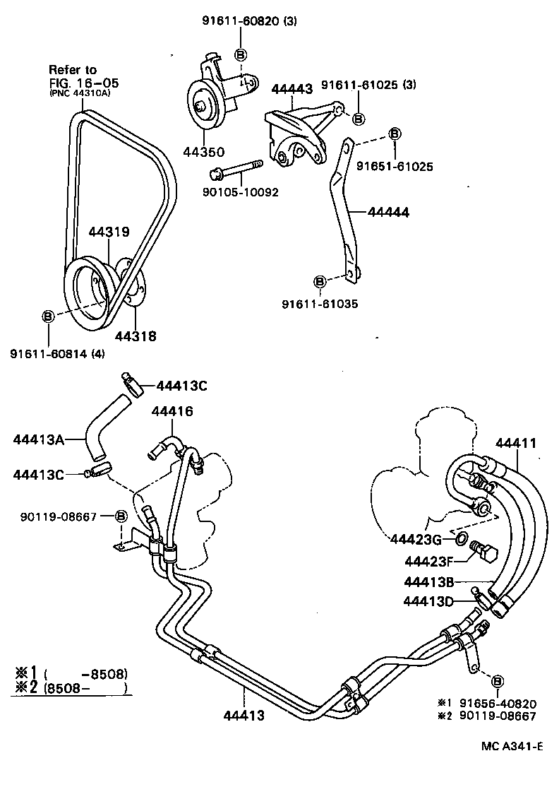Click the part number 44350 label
pos(204,152)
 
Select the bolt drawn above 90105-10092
pos(235,170)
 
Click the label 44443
pos(292,90)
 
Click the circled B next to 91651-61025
pos(395,134)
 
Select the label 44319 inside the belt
pos(109,231)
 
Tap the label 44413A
pos(39,439)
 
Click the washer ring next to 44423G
pos(460,540)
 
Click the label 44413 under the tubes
pos(244,716)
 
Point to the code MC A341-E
pos(511,746)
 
